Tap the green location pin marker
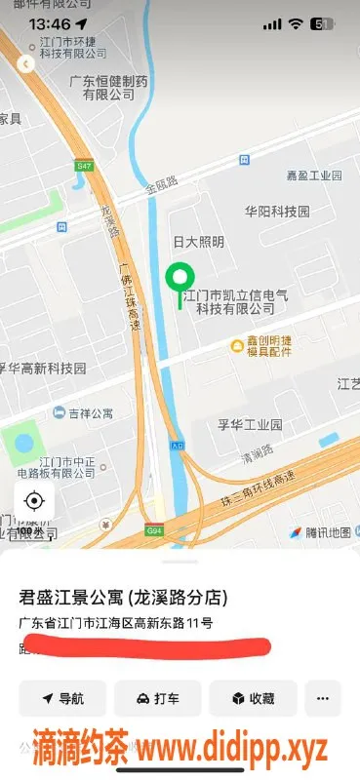coord(179,280)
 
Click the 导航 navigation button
coord(62,698)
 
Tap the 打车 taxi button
coord(157,698)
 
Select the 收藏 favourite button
coord(252,698)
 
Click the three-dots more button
coord(323,698)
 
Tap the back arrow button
coord(26,64)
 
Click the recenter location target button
coord(34,501)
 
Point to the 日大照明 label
coord(198,242)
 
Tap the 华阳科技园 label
coord(277,211)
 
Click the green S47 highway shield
coord(83,167)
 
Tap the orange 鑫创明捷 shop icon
coord(236,345)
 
